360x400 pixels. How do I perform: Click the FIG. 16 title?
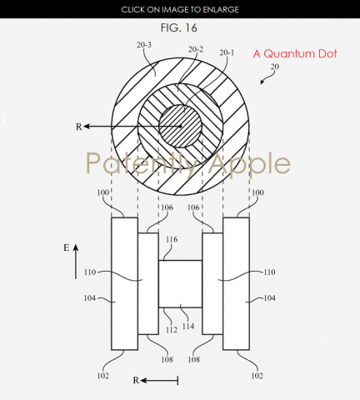179,27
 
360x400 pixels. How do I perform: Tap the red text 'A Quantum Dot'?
295,53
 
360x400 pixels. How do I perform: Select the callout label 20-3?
144,45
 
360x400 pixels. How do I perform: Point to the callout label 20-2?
196,49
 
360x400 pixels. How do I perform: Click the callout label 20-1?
227,52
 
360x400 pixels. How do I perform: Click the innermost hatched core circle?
180,126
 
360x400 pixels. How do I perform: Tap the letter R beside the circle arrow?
79,127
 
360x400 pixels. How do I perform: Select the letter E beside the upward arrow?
66,247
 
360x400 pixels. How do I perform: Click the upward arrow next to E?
76,262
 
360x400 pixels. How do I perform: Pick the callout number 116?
172,239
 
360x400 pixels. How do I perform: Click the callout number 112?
172,330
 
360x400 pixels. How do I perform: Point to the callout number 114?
188,326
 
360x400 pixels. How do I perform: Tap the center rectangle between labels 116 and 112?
180,284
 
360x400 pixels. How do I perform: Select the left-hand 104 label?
90,298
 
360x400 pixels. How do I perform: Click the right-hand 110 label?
269,272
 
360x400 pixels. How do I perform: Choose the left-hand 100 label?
102,192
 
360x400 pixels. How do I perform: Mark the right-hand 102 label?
257,376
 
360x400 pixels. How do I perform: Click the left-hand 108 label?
167,360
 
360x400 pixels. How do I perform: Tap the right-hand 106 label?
193,207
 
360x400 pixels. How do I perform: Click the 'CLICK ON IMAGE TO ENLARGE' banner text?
180,10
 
